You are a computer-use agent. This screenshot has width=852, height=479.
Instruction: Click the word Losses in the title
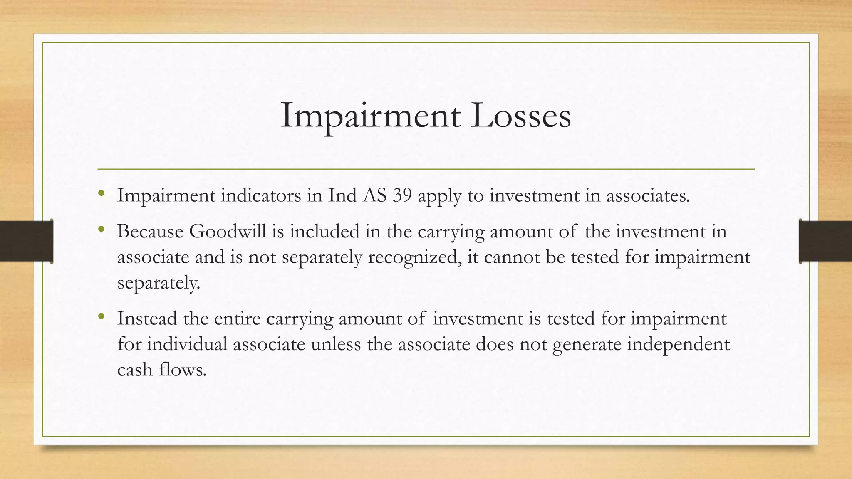pos(521,116)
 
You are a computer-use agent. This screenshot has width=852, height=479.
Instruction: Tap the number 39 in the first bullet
pos(402,195)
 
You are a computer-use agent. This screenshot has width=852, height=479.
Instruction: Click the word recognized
pos(414,257)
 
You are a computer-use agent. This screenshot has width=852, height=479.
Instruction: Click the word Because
pos(150,231)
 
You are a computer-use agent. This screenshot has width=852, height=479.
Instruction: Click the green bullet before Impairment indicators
pos(101,193)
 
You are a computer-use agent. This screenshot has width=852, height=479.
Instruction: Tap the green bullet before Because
pos(101,229)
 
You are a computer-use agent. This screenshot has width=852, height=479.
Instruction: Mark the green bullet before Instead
pos(101,316)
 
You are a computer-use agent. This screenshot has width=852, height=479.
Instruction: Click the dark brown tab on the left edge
pos(26,241)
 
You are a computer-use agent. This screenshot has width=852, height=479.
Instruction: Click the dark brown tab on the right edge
pos(825,241)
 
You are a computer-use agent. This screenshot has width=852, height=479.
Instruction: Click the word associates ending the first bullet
pos(647,195)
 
